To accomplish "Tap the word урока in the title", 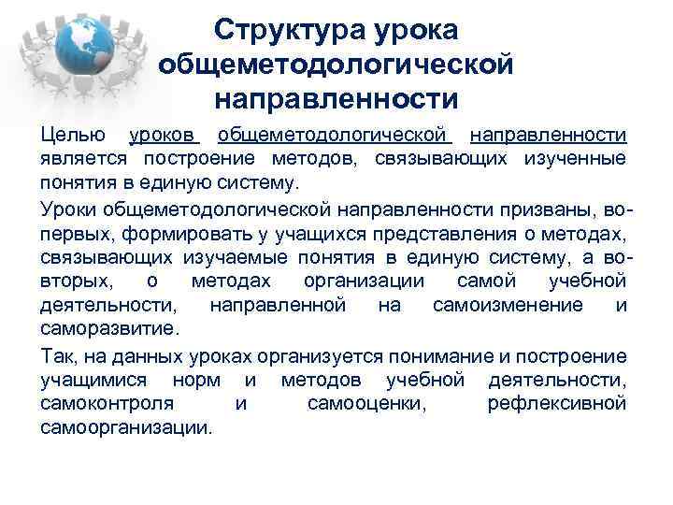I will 416,30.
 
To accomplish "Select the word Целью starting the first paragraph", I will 73,135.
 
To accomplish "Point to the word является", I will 79,158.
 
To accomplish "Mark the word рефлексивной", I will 556,404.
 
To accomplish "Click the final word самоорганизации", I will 126,428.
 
